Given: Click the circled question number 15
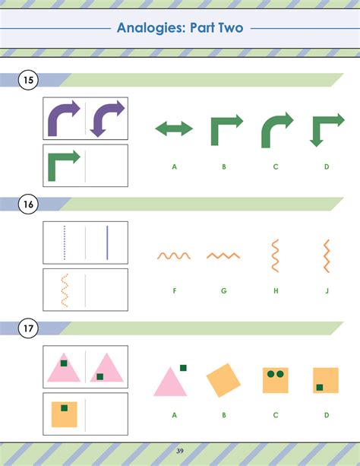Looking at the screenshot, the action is pos(28,80).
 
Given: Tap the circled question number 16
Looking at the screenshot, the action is pos(28,204).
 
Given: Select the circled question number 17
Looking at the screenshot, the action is pos(28,328).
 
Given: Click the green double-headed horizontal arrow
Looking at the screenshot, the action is pos(174,128).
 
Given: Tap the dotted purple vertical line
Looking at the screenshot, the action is pos(64,243).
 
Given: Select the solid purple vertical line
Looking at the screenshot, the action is pos(107,243).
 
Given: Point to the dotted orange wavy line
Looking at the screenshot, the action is pos(64,290).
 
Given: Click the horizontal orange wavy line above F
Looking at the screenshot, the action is pos(174,255).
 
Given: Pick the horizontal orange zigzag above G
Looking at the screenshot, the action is pos(223,255).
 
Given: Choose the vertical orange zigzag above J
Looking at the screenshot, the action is pos(327,256).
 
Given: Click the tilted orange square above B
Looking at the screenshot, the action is pos(223,380).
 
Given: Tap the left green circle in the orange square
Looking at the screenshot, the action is pos(271,374).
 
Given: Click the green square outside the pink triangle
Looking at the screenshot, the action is pos(183,368).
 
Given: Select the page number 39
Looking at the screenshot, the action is pos(180,451).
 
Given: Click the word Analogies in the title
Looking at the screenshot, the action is pos(151,28).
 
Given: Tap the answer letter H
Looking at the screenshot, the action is pos(276,290).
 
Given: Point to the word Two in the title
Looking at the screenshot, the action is pos(231,27).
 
